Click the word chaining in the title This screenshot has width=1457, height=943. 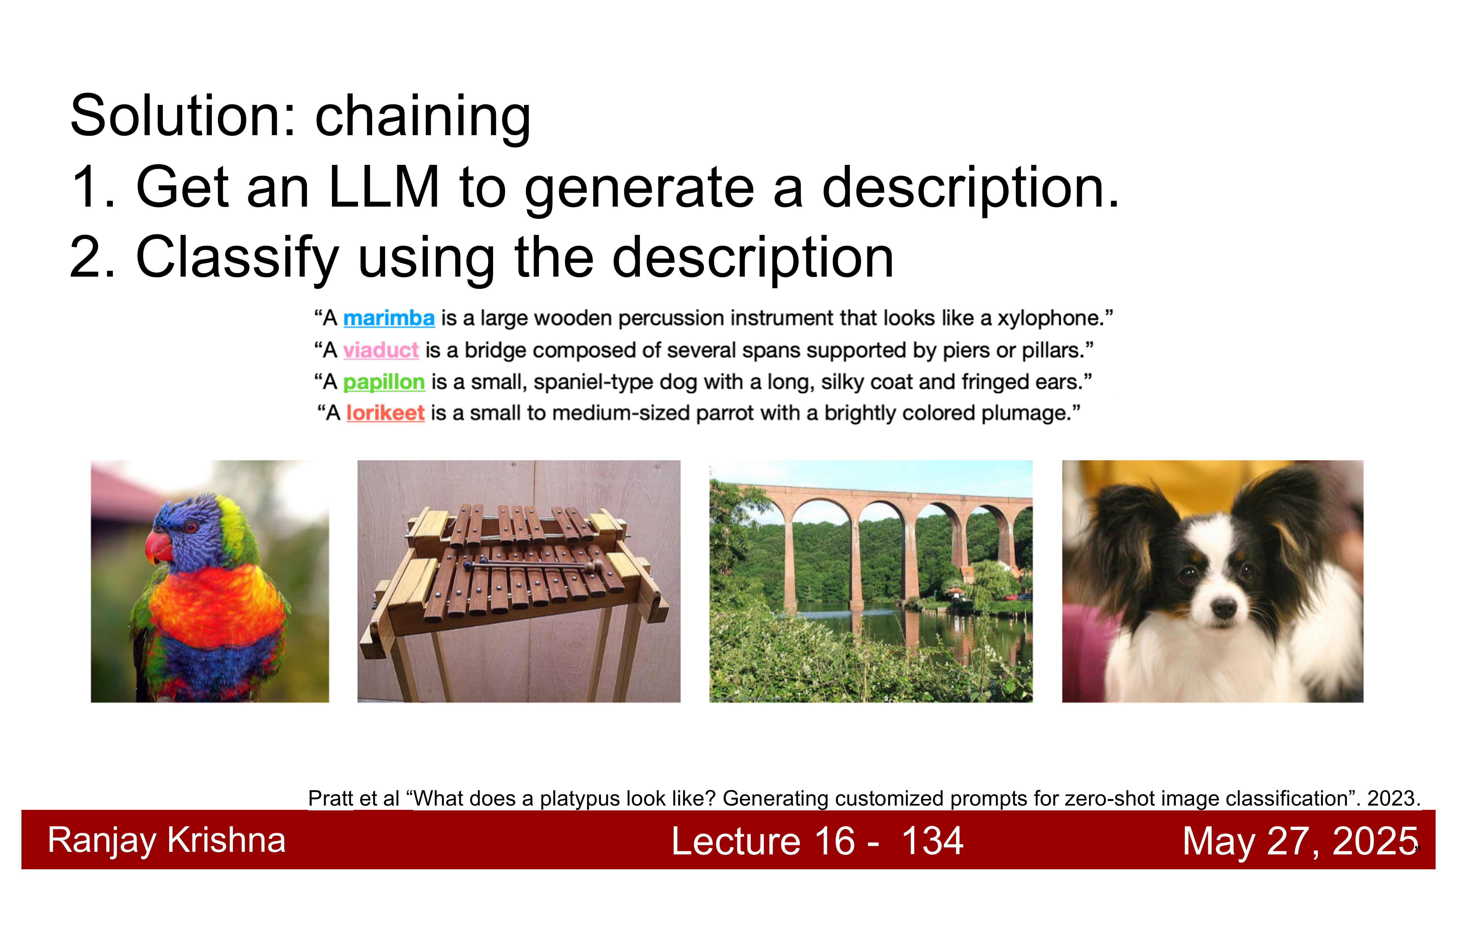pos(423,116)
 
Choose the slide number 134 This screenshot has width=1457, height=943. pos(933,841)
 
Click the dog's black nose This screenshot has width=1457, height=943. pos(1224,608)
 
